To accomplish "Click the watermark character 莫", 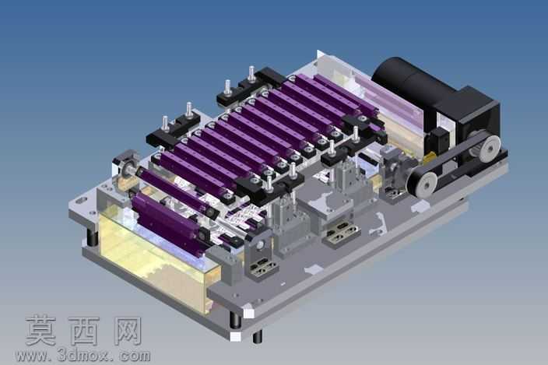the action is point(41,330).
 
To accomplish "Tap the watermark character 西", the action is point(83,331).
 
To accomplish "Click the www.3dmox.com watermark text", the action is point(83,356).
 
